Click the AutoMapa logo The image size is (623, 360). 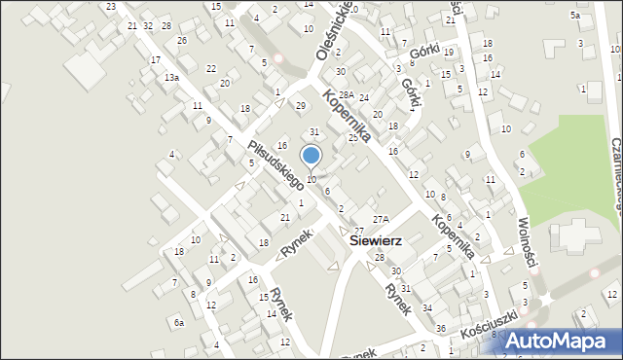point(556,341)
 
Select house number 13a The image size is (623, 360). point(171,77)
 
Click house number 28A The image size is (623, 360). point(346,92)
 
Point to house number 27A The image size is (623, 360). point(381,220)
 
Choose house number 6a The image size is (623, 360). point(178,322)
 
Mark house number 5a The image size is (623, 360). point(575,16)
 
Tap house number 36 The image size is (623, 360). point(440,327)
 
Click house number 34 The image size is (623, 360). point(427,307)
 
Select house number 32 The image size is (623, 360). point(148,25)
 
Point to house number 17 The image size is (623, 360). point(156,59)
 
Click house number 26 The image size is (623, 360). point(182,41)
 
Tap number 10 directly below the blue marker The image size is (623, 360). point(311,179)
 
